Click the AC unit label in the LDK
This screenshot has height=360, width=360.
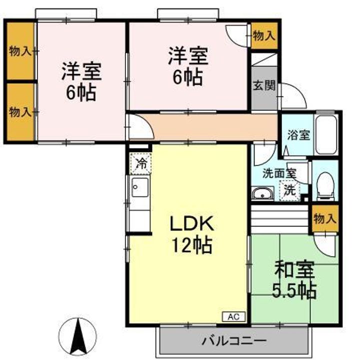tap(233, 316)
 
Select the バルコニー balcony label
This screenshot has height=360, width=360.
tap(234, 342)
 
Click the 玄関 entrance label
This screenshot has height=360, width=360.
tap(264, 85)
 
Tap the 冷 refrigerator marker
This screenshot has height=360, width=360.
tap(141, 162)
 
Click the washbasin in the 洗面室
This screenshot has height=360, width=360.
tap(262, 194)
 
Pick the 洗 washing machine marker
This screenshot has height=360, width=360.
tap(289, 190)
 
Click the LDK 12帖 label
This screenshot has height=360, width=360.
tap(192, 234)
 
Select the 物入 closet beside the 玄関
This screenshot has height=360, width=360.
tap(263, 35)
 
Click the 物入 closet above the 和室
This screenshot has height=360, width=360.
tap(325, 218)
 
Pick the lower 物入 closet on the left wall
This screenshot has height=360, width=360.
tap(20, 112)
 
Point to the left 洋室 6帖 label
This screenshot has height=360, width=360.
tap(81, 81)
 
